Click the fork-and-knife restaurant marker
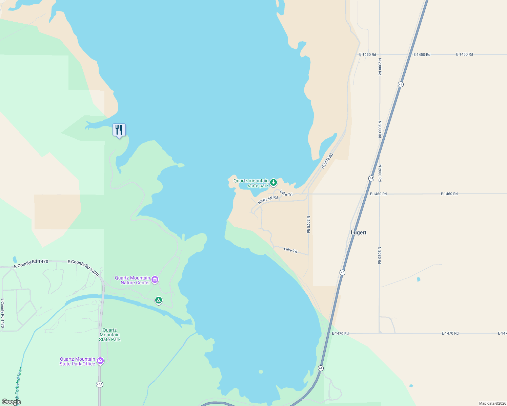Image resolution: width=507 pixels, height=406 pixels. [x=119, y=130]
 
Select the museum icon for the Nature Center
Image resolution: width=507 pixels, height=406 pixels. [x=155, y=280]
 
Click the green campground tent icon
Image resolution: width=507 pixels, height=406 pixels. [x=158, y=300]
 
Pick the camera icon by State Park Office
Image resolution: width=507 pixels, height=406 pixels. [x=100, y=361]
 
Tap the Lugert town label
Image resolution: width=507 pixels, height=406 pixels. [x=359, y=233]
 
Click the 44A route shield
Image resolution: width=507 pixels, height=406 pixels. [x=99, y=384]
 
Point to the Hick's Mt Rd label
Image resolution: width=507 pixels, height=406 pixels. [x=268, y=200]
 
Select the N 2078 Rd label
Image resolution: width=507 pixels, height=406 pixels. [x=327, y=161]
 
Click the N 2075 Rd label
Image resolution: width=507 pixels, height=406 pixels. [x=308, y=224]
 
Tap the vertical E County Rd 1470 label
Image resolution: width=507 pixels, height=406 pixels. [x=3, y=313]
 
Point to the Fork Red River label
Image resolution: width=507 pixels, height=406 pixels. [x=19, y=382]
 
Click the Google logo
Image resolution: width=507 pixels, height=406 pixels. [x=11, y=402]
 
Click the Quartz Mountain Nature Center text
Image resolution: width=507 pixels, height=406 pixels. [x=133, y=280]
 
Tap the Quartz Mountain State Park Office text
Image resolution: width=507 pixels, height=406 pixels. [x=78, y=361]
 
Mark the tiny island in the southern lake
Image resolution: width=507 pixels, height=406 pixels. [x=261, y=371]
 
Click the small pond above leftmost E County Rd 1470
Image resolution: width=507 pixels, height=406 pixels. [x=15, y=260]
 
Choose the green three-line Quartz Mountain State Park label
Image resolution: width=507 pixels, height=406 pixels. [x=109, y=335]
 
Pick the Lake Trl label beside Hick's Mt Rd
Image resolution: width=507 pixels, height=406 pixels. [x=286, y=194]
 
